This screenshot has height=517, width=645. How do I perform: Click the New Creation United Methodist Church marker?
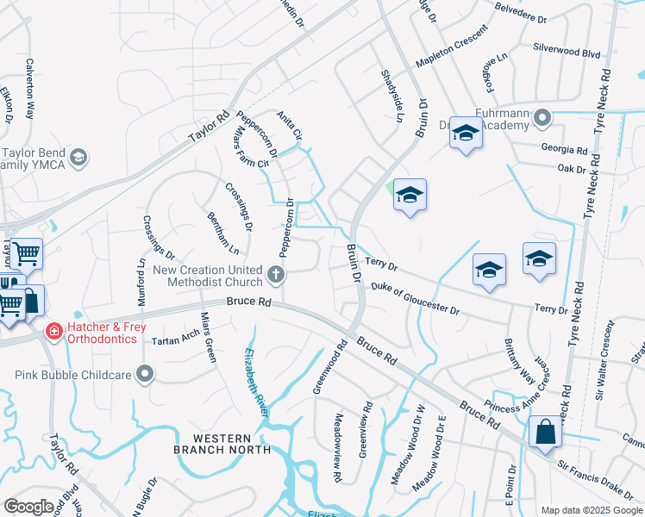click(x=276, y=276)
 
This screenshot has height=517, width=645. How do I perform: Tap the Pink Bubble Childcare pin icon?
click(x=145, y=375)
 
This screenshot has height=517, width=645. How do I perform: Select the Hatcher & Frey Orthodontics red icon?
click(x=53, y=330)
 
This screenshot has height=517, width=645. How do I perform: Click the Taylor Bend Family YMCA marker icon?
click(x=78, y=156)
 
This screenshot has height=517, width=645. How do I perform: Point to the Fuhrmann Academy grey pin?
click(x=542, y=116)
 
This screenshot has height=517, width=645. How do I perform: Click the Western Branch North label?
click(x=222, y=443)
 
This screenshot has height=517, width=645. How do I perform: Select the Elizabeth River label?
click(x=255, y=383)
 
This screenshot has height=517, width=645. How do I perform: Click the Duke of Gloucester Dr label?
click(x=415, y=298)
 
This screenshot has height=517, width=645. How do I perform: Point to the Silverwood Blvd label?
click(x=566, y=53)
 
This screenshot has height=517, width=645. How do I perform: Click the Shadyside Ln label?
click(x=392, y=96)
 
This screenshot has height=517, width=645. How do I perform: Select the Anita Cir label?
click(x=290, y=126)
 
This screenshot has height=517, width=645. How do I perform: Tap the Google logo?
click(x=28, y=507)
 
